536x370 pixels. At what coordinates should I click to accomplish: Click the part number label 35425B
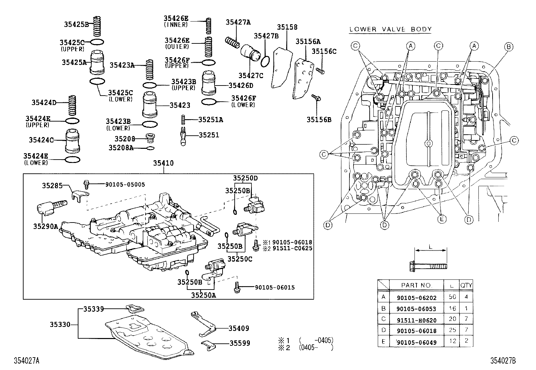click(x=76, y=24)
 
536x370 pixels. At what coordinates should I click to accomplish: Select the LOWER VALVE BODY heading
click(x=390, y=29)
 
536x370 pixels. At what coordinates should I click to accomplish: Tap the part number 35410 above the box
click(x=163, y=163)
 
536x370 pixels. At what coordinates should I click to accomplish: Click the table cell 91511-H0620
click(x=416, y=319)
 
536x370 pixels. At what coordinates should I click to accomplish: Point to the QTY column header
click(x=466, y=285)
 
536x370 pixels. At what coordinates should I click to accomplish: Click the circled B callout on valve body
click(x=509, y=47)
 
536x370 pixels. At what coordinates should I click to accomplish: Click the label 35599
click(x=240, y=343)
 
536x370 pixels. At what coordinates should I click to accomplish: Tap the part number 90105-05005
click(x=125, y=184)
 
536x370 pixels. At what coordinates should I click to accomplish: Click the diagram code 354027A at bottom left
click(x=27, y=361)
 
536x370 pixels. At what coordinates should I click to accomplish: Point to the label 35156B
click(x=319, y=119)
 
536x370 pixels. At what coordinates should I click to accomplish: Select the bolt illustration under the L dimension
click(x=428, y=265)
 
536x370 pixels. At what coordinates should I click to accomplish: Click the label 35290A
click(x=45, y=226)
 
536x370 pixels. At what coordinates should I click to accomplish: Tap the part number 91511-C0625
click(x=292, y=248)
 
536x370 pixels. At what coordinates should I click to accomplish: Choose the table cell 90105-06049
click(x=416, y=342)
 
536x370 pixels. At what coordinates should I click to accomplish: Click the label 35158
click(x=287, y=27)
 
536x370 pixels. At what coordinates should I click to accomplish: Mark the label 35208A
click(x=121, y=147)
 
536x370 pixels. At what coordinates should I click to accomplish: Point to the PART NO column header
click(x=416, y=285)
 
